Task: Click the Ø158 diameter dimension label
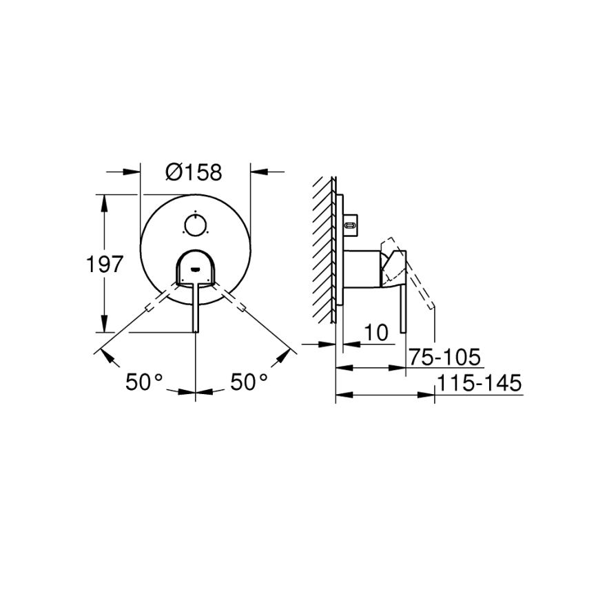(x=194, y=172)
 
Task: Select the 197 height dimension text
(x=104, y=264)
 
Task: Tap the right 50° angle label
(x=248, y=382)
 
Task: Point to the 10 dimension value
(x=375, y=333)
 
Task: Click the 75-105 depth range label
(x=444, y=358)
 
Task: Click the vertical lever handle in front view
(x=196, y=307)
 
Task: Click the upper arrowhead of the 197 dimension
(x=104, y=202)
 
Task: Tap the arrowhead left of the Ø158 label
(x=131, y=172)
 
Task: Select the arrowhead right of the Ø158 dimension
(x=260, y=172)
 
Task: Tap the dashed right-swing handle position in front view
(x=234, y=301)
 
